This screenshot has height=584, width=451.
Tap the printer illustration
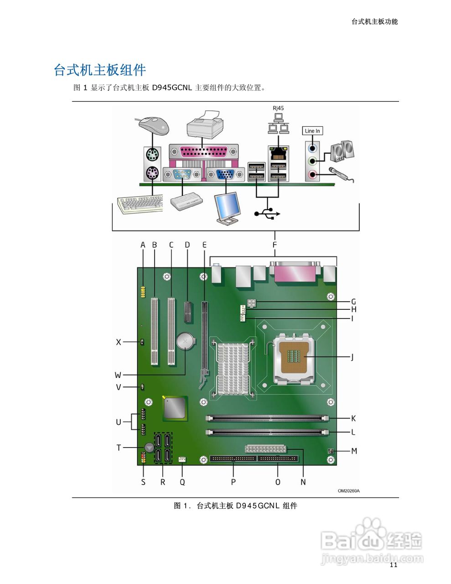pyautogui.click(x=206, y=125)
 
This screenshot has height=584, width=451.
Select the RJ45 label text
pyautogui.click(x=278, y=108)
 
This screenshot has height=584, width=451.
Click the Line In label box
pyautogui.click(x=312, y=131)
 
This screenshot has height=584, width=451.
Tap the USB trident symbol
pyautogui.click(x=267, y=213)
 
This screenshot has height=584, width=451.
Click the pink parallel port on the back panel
pyautogui.click(x=203, y=151)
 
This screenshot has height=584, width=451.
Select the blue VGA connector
pyautogui.click(x=223, y=174)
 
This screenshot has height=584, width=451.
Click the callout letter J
pyautogui.click(x=352, y=357)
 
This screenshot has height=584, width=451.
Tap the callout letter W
pyautogui.click(x=118, y=375)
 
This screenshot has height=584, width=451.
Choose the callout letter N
pyautogui.click(x=303, y=482)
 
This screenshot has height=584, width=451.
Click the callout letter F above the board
pyautogui.click(x=275, y=245)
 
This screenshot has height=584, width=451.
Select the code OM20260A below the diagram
pyautogui.click(x=348, y=491)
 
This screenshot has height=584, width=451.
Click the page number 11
pyautogui.click(x=394, y=565)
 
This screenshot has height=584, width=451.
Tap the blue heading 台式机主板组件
pyautogui.click(x=100, y=70)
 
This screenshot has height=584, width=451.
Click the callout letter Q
pyautogui.click(x=182, y=482)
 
